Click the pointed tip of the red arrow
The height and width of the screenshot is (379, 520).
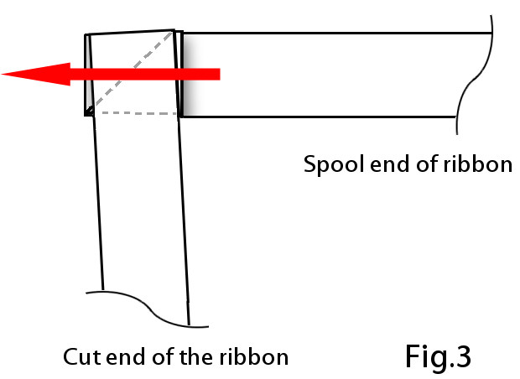(4, 75)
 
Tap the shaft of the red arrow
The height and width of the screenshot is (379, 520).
(151, 75)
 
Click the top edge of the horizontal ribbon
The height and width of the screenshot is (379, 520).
(335, 33)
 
